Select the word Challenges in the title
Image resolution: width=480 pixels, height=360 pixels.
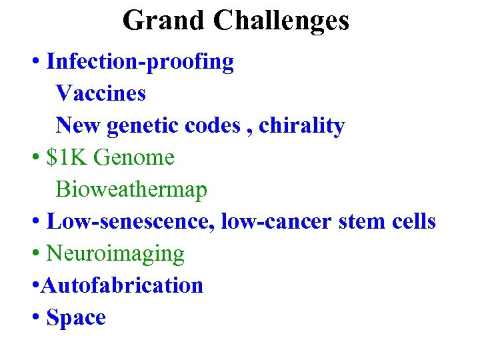tap(281, 20)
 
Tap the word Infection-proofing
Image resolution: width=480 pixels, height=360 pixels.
tap(140, 62)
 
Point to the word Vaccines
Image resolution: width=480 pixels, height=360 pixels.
tap(101, 93)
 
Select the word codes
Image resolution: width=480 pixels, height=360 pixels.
tap(214, 125)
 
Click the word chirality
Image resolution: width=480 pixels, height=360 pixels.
tap(301, 126)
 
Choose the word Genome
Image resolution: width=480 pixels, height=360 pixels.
tap(135, 158)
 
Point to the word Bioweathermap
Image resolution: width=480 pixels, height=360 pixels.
tap(131, 189)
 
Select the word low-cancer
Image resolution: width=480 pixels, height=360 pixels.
tap(277, 221)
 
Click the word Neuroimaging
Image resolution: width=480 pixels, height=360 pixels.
tap(115, 253)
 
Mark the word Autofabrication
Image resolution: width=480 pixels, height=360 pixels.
tap(122, 285)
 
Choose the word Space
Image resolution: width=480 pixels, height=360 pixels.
tap(76, 318)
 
